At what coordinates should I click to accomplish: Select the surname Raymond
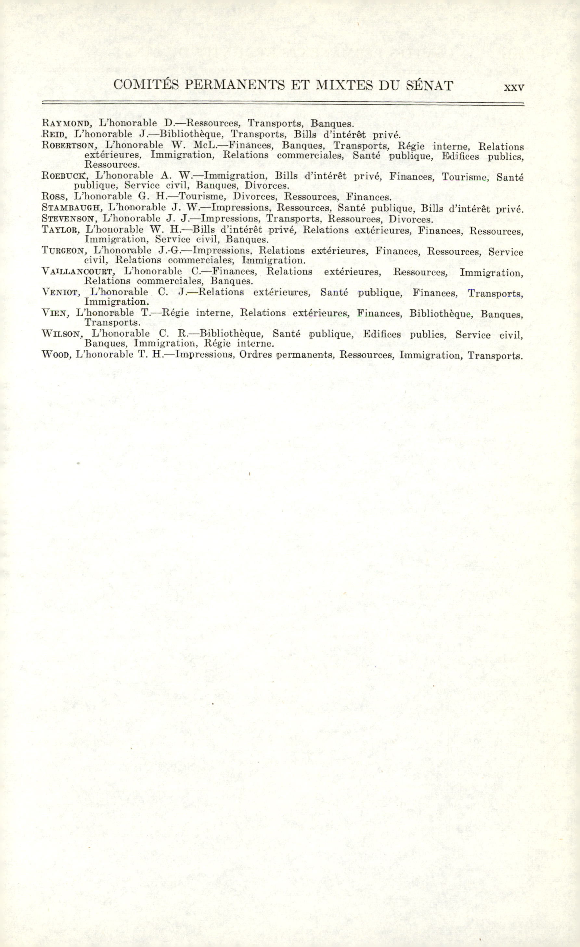pos(66,124)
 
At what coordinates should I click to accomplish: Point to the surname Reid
pos(54,134)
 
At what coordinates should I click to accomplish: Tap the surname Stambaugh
pos(71,208)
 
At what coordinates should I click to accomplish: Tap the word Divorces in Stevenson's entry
pos(410,220)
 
